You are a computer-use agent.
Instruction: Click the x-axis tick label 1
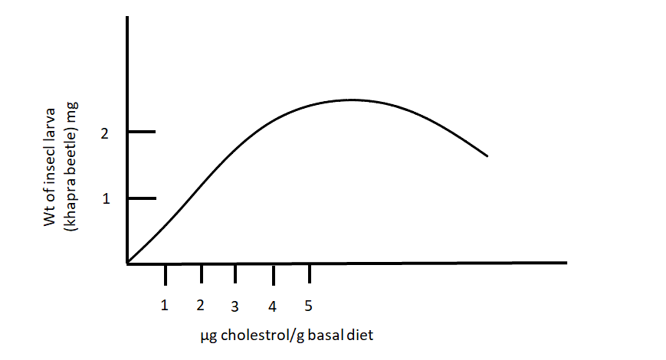pyautogui.click(x=164, y=305)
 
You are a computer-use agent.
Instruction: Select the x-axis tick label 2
pyautogui.click(x=200, y=305)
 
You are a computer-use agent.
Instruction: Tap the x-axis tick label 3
pyautogui.click(x=235, y=306)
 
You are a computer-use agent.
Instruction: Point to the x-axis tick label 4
pyautogui.click(x=272, y=306)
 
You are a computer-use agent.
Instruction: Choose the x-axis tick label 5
pyautogui.click(x=308, y=306)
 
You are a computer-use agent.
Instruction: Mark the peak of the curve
pyautogui.click(x=351, y=100)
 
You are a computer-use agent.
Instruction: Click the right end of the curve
pyautogui.click(x=487, y=156)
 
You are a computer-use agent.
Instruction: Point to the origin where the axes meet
pyautogui.click(x=127, y=263)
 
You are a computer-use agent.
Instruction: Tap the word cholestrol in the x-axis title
pyautogui.click(x=250, y=335)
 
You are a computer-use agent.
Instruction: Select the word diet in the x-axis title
pyautogui.click(x=360, y=335)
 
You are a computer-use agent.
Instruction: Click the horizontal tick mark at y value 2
pyautogui.click(x=142, y=132)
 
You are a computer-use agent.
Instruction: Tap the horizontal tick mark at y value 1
pyautogui.click(x=142, y=198)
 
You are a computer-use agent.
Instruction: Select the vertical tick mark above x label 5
pyautogui.click(x=309, y=274)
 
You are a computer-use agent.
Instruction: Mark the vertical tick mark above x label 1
pyautogui.click(x=165, y=274)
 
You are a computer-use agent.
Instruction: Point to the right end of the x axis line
pyautogui.click(x=566, y=263)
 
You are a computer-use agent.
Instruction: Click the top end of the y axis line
pyautogui.click(x=127, y=17)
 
